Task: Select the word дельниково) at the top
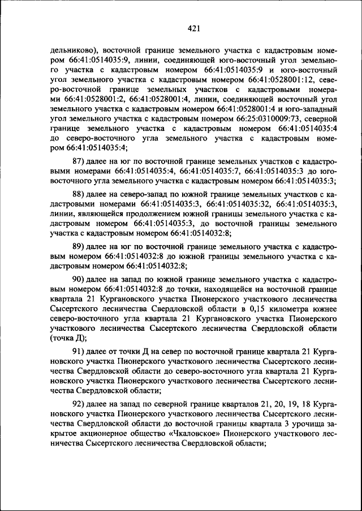[x=71, y=50]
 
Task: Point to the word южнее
[x=325, y=309]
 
